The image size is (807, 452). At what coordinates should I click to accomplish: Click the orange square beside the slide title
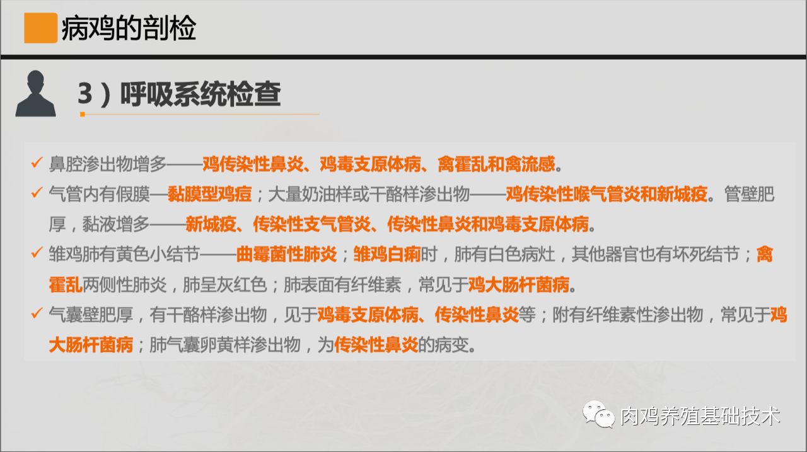point(41,28)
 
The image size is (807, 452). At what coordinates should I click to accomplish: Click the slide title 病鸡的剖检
point(129,28)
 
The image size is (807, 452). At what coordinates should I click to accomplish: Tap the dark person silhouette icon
point(35,94)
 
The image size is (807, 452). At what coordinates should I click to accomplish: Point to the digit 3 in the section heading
point(85,93)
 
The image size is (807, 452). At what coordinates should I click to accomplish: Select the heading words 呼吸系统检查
point(200,94)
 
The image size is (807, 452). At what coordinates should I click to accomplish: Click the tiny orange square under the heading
point(83,115)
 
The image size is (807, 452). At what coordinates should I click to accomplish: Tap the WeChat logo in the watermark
point(598,414)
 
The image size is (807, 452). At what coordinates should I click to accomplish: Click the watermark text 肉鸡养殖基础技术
point(700,416)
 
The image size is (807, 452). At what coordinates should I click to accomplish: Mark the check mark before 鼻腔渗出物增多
point(37,162)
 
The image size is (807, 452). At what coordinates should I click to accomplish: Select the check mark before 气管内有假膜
point(37,193)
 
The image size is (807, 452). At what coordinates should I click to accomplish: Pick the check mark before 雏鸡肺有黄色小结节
point(37,252)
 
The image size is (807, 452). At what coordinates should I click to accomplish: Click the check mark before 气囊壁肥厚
point(37,313)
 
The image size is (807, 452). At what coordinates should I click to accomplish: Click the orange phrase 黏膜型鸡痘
point(210,195)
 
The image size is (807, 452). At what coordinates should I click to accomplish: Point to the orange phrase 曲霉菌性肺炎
point(286,254)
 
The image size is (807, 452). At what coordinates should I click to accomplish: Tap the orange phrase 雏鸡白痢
point(387,254)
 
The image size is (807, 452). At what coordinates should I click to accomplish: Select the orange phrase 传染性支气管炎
point(311,224)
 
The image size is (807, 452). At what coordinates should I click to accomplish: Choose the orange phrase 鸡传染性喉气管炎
point(573,195)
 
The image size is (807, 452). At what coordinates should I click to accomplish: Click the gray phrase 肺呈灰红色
point(225,285)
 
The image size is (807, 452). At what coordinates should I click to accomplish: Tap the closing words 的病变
point(443,345)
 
